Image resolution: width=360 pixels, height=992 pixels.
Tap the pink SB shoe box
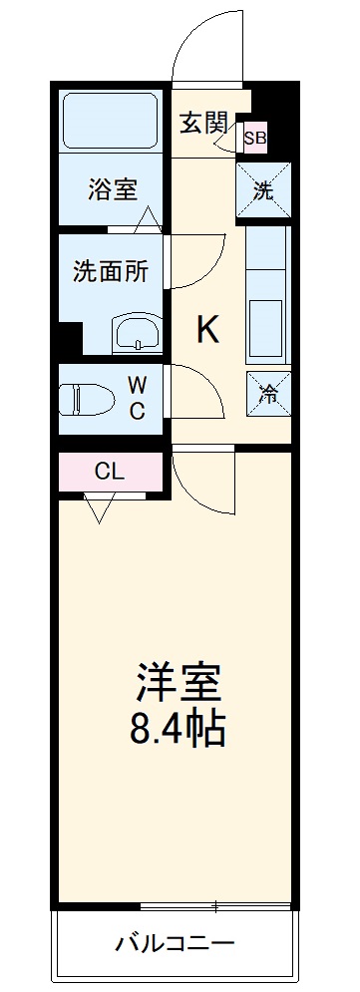click(254, 139)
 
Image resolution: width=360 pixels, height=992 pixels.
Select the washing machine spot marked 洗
click(263, 189)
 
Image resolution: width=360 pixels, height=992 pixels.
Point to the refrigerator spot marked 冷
click(268, 394)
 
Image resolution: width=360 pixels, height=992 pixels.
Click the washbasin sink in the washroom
click(134, 334)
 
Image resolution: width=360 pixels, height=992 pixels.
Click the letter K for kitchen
click(206, 330)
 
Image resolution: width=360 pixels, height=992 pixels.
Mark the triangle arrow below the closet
click(99, 509)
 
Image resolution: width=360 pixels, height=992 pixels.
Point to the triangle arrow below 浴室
click(148, 220)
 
